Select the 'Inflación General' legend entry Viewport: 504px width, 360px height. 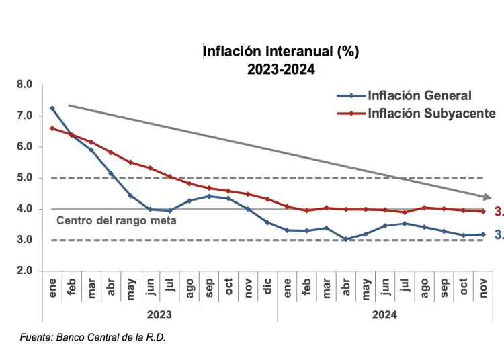419,96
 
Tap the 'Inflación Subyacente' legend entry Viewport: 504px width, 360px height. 431,113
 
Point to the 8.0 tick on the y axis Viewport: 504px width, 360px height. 24,85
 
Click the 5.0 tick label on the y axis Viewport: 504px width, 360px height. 24,178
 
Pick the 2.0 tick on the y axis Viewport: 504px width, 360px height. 24,271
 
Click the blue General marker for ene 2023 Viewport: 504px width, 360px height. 52,108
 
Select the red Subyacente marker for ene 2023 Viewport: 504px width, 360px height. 52,128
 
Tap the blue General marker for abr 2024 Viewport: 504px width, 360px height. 345,239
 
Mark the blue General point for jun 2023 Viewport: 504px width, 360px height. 150,210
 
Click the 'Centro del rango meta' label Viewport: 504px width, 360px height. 116,220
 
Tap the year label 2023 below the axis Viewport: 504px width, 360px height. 159,314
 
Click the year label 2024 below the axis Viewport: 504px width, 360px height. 384,314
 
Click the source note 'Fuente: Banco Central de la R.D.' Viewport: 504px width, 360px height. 92,337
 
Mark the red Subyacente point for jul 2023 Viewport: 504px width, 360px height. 169,177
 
